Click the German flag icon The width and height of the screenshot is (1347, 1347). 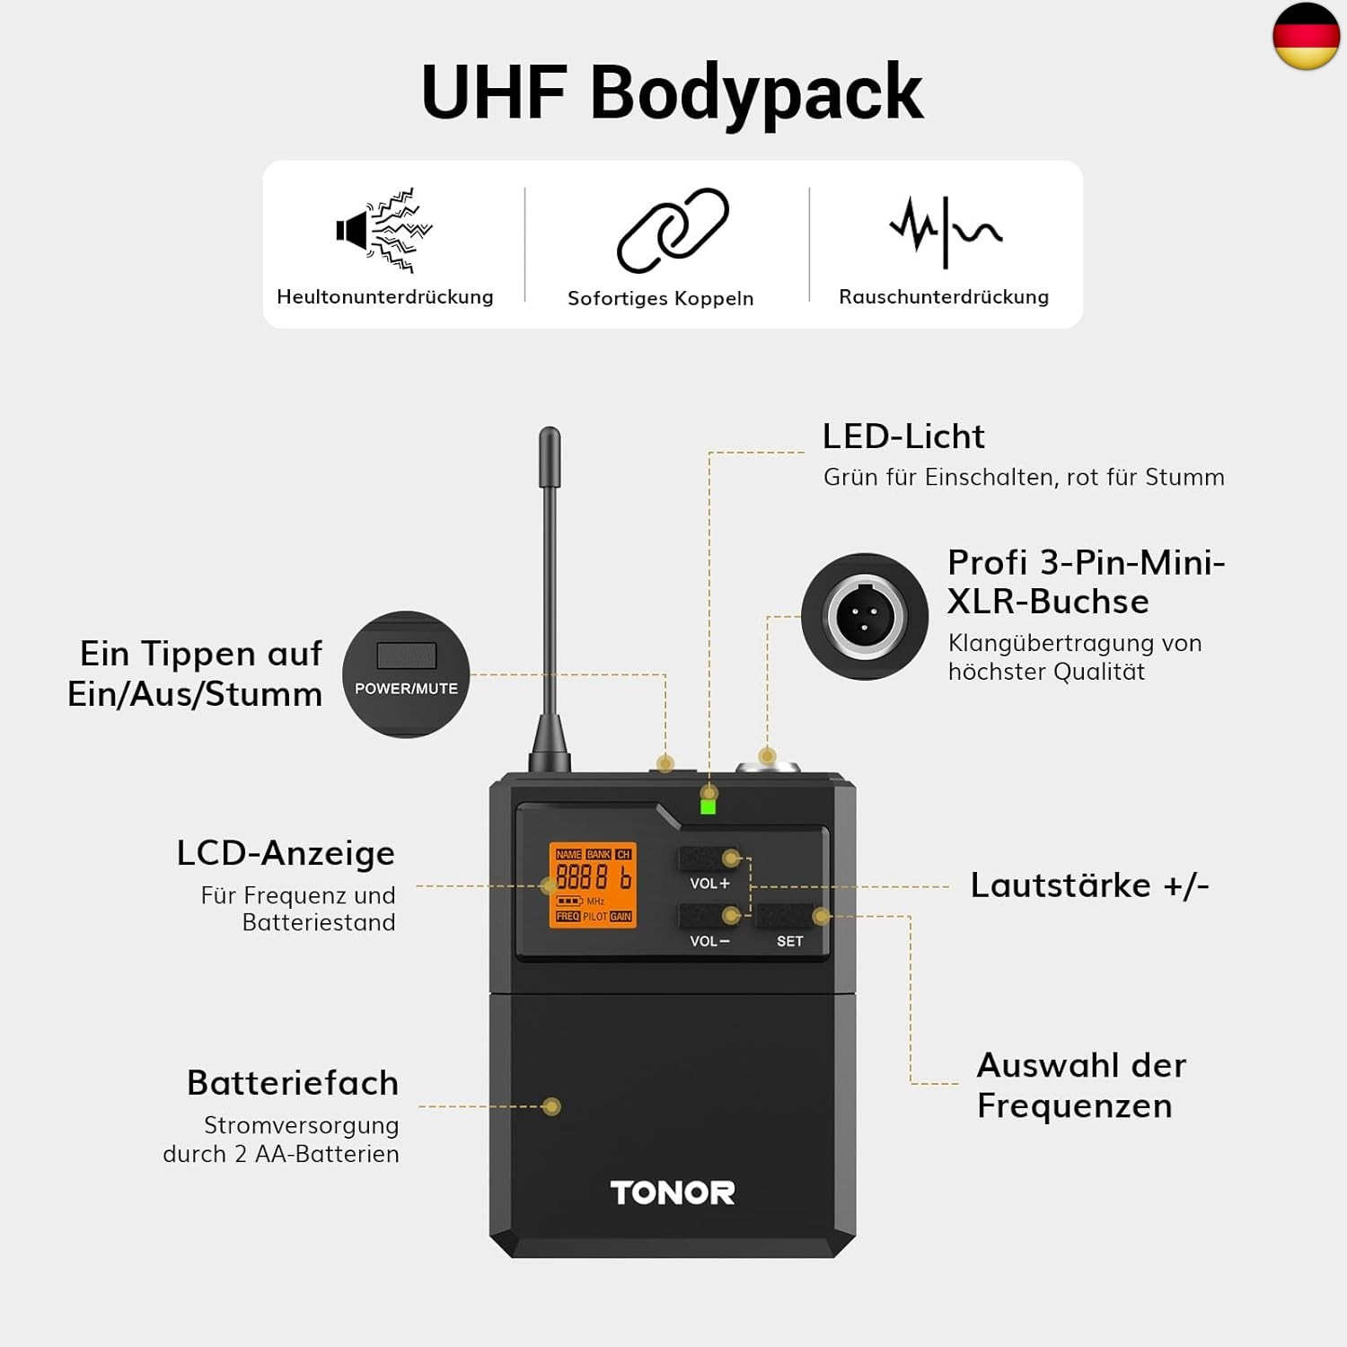coord(1306,36)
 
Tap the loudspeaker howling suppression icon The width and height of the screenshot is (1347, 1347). coord(383,230)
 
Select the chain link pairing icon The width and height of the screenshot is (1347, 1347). coord(673,230)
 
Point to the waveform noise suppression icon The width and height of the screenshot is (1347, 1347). coord(945,230)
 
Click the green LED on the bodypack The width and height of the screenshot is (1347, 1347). coord(708,806)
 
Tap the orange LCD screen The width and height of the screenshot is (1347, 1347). coord(593,885)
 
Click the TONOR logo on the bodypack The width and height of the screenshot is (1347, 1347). coord(673,1193)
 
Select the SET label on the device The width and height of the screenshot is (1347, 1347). coord(790,941)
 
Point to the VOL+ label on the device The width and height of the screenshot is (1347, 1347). coord(709,884)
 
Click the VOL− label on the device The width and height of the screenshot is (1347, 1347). coord(709,941)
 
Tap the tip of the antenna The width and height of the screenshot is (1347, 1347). coord(550,436)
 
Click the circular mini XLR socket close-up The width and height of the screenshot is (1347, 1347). coord(865,617)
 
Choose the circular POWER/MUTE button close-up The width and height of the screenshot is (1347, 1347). coord(406,674)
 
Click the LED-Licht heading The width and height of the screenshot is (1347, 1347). coord(903,436)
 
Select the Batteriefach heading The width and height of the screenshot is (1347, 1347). coord(293,1083)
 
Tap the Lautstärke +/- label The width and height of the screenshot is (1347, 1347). coord(1089,885)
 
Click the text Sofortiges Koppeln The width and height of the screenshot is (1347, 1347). coord(660,298)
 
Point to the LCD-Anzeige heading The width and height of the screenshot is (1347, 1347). coord(286,853)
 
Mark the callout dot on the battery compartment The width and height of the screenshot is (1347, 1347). coord(552,1106)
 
